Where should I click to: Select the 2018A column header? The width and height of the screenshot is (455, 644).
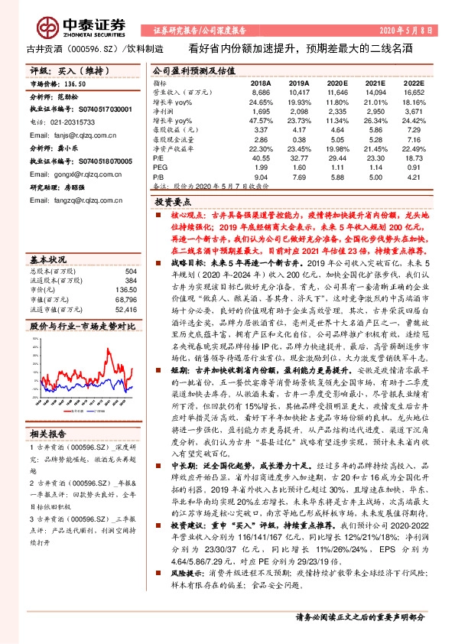tap(261, 82)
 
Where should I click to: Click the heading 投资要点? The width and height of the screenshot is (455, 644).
tap(174, 203)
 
